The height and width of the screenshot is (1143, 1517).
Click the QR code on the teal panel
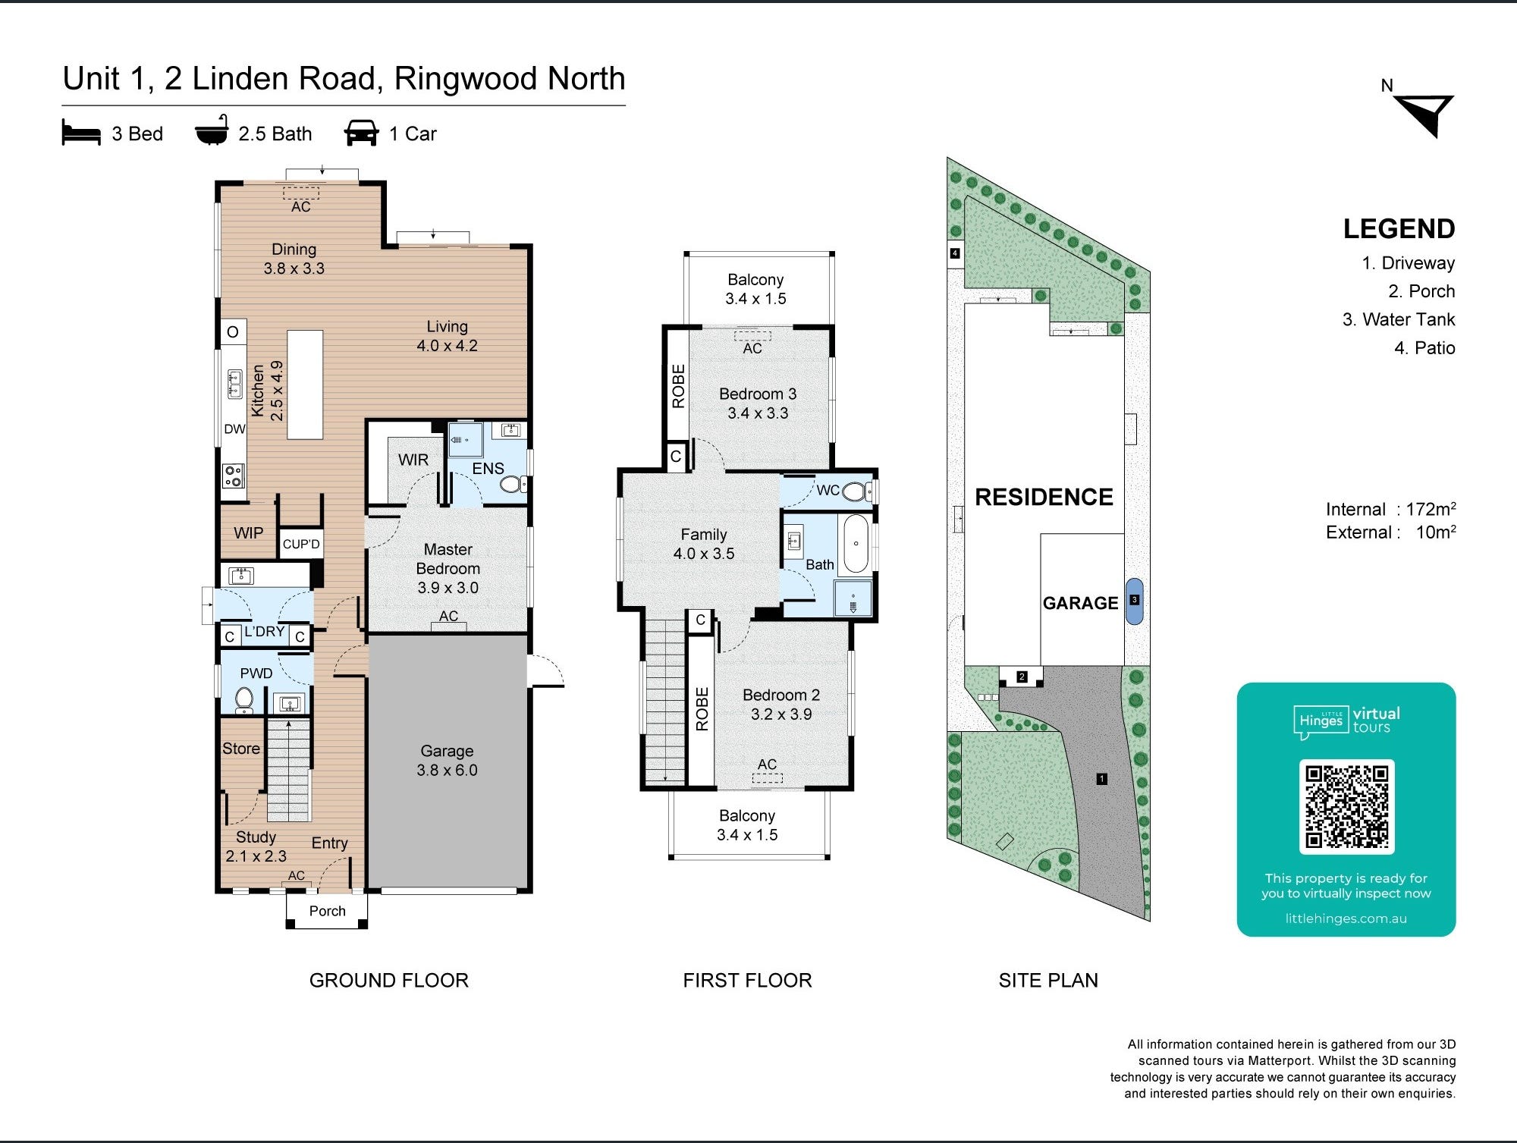(x=1346, y=806)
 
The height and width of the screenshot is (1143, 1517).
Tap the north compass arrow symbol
(x=1426, y=114)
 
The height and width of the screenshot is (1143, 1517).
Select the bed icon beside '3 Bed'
(x=81, y=133)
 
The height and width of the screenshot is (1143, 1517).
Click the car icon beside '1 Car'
(x=361, y=133)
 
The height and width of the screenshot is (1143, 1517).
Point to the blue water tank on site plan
(x=1134, y=601)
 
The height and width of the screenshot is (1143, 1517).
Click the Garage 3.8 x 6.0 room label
(x=447, y=761)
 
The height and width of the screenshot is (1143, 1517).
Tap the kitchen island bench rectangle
(x=305, y=385)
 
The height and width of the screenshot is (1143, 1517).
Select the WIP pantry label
(x=248, y=533)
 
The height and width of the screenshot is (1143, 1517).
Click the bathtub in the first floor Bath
(x=856, y=544)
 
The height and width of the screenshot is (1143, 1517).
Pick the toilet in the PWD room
(x=244, y=699)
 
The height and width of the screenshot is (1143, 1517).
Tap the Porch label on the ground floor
(x=327, y=911)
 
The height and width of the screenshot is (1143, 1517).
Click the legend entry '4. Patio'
(x=1424, y=348)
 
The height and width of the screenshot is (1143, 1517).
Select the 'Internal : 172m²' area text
(x=1390, y=510)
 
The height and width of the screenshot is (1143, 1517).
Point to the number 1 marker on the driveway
(x=1101, y=779)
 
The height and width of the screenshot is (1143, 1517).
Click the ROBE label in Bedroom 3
(x=678, y=386)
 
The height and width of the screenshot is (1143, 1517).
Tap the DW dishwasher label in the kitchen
(x=234, y=429)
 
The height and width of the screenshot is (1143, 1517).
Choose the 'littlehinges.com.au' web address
(x=1346, y=918)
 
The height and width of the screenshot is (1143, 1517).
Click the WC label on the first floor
(x=827, y=491)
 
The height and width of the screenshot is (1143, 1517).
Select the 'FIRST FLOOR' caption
(x=747, y=981)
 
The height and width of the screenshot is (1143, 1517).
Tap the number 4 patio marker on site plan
(x=955, y=253)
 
